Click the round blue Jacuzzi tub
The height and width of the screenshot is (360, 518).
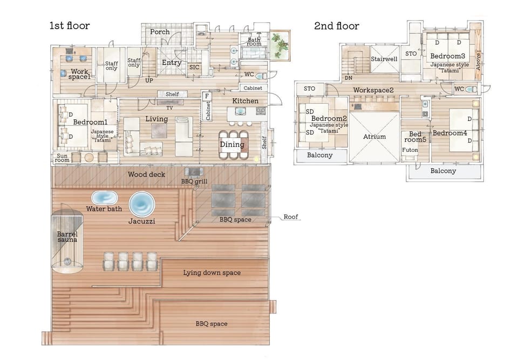[x=142, y=204]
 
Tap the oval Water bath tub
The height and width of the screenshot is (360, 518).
[x=104, y=198]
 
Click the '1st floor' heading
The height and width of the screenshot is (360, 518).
[x=70, y=25]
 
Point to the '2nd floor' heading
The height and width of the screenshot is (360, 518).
[x=336, y=26]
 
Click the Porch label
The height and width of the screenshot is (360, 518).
[x=160, y=32]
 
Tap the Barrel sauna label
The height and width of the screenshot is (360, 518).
[x=67, y=237]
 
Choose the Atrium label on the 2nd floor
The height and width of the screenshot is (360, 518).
[x=374, y=137]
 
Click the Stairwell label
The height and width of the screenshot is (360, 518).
[x=384, y=59]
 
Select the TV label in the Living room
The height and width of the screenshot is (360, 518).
[x=169, y=108]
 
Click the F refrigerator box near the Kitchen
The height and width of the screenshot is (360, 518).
[x=207, y=96]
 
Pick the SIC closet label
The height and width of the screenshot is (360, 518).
[x=194, y=67]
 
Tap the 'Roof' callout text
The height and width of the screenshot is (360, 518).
[x=291, y=217]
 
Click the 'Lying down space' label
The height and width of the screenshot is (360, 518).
[x=212, y=273]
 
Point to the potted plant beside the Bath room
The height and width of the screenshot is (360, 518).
[x=280, y=45]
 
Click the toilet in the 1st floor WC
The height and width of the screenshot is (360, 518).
[x=261, y=76]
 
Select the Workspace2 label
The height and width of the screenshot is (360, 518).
[x=373, y=90]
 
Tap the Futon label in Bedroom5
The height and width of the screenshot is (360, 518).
[x=410, y=150]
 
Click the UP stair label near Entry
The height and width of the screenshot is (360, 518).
[x=149, y=80]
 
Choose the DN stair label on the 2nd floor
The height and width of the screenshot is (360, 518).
[x=349, y=78]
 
